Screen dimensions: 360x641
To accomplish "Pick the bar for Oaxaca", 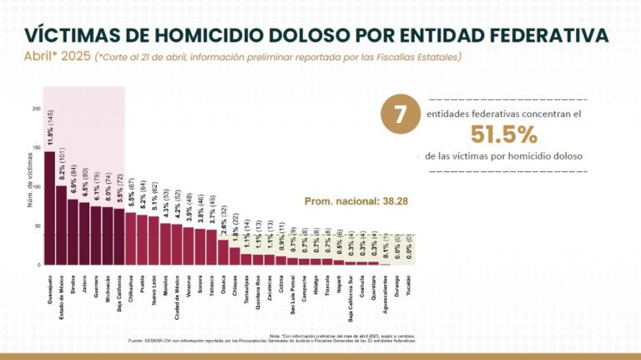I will pyautogui.click(x=223, y=252).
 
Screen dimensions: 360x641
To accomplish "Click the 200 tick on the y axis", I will pyautogui.click(x=36, y=109).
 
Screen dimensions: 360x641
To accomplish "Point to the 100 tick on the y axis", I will pyautogui.click(x=36, y=187).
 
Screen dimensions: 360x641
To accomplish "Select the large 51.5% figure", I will pyautogui.click(x=503, y=134).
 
